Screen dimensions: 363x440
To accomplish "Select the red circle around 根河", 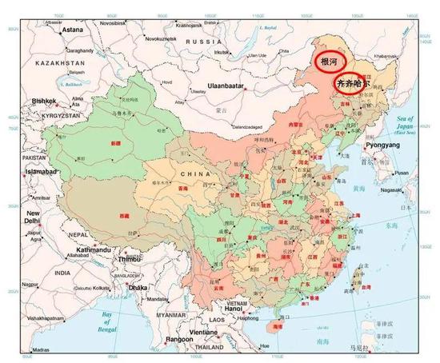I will point(330,62).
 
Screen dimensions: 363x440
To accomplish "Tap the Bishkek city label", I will point(43,102).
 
